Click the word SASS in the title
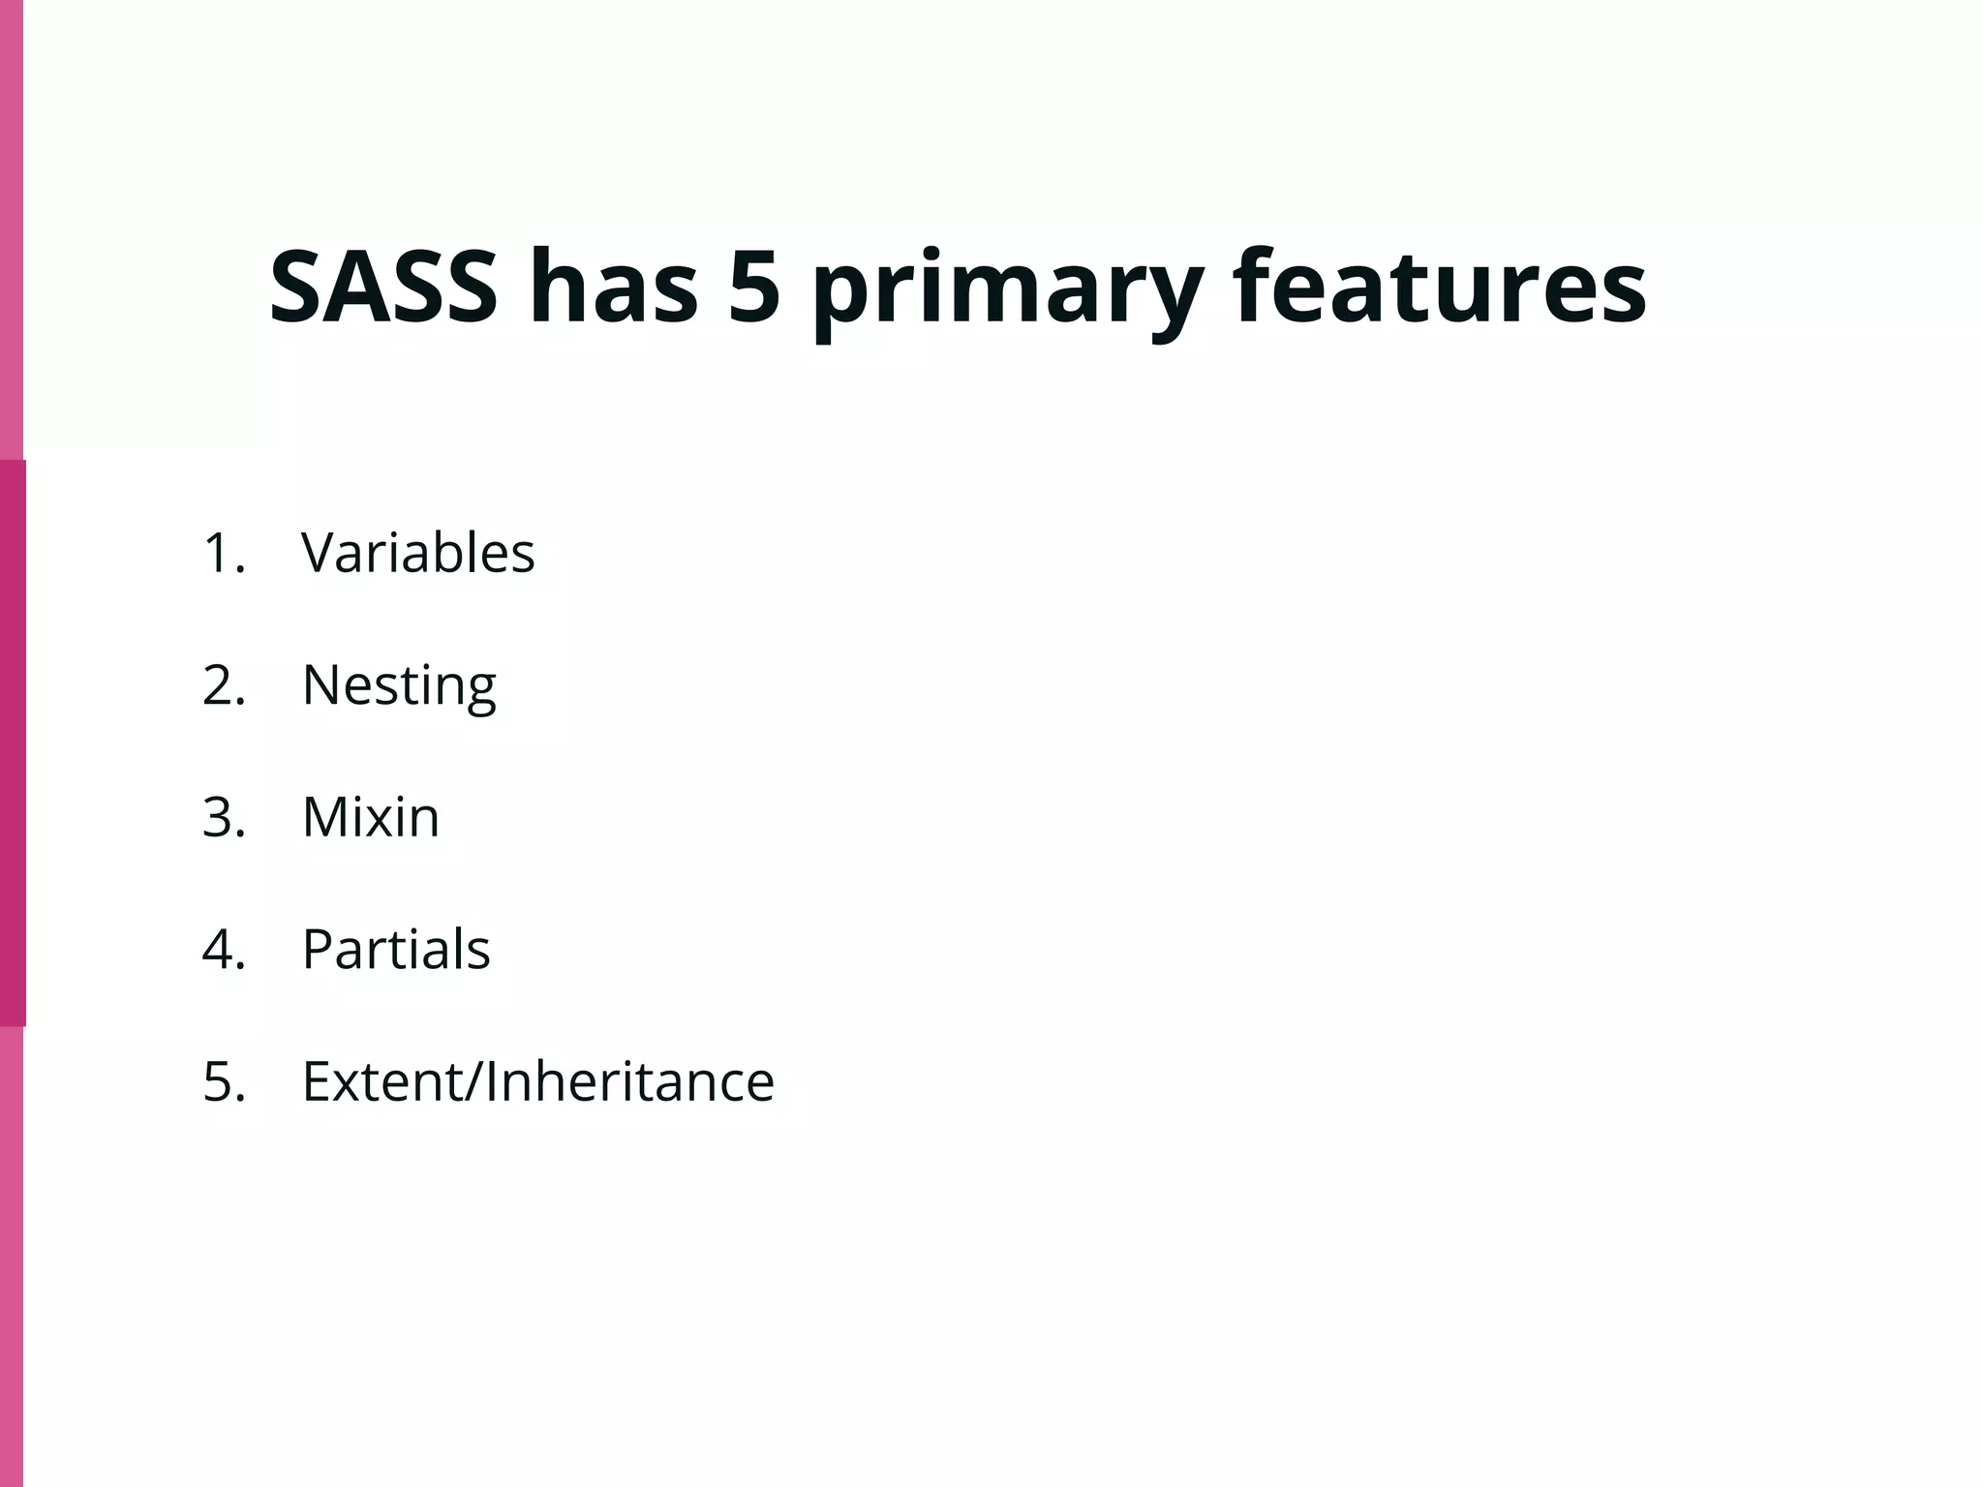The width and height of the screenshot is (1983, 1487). pos(383,288)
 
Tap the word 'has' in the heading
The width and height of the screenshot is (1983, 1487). pos(614,288)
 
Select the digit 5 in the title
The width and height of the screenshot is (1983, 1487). pos(754,288)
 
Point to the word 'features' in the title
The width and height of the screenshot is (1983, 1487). pos(1439,288)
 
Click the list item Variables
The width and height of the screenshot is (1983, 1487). pos(417,553)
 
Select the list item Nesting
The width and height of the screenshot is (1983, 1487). pos(399,685)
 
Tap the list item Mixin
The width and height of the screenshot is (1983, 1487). pos(371,817)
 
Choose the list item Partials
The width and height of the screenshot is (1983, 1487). pos(396,949)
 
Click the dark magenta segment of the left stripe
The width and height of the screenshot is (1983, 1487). pos(13,743)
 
